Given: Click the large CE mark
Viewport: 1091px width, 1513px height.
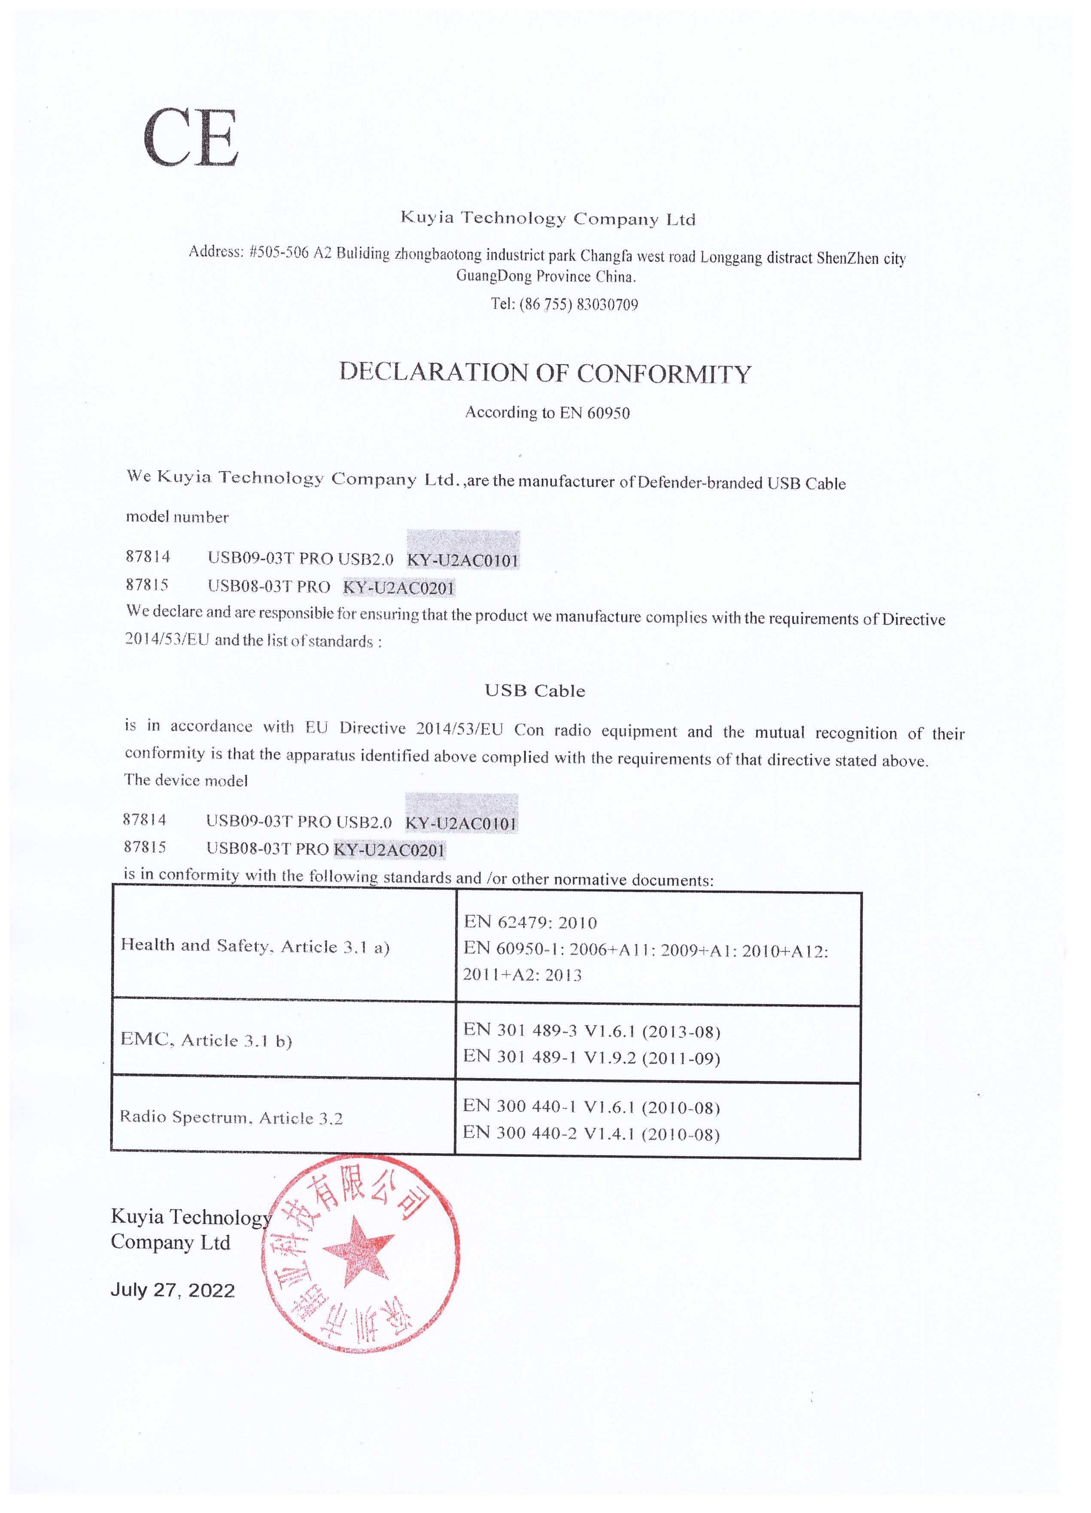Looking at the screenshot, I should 190,139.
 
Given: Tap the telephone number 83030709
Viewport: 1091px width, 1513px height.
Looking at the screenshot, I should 607,305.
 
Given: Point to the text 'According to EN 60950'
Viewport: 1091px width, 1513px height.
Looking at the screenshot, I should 547,412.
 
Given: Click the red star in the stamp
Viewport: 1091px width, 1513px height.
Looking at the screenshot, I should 356,1251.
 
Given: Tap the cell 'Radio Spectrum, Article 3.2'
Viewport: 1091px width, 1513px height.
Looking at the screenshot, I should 231,1117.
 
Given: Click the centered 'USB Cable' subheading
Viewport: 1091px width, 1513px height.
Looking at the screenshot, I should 535,691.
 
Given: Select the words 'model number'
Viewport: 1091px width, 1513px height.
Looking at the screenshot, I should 177,517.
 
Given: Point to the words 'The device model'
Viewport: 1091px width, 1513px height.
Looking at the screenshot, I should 185,780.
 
